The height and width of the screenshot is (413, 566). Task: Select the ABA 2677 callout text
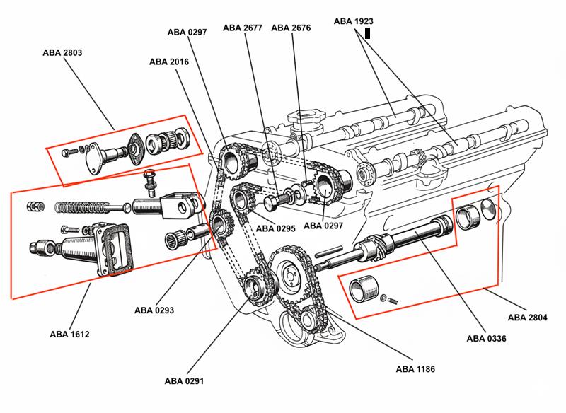coord(243,28)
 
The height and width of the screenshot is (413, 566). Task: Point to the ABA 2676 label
coord(291,28)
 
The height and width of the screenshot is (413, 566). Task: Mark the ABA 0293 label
coord(154,310)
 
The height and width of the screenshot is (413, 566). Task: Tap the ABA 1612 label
coord(69,334)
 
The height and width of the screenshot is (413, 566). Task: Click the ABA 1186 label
coord(415,368)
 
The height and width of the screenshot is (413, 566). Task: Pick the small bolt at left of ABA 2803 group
coord(66,151)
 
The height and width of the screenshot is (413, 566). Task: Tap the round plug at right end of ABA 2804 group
coord(487,209)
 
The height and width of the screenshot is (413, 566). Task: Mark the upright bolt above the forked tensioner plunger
coord(149,182)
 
